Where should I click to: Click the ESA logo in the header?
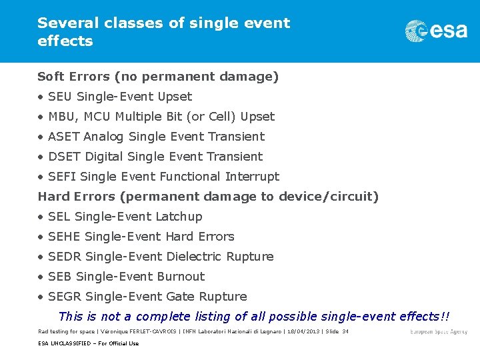point(436,31)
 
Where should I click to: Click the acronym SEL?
point(59,217)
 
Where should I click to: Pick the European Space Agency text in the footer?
point(439,332)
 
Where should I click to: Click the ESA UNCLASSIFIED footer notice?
point(88,343)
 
